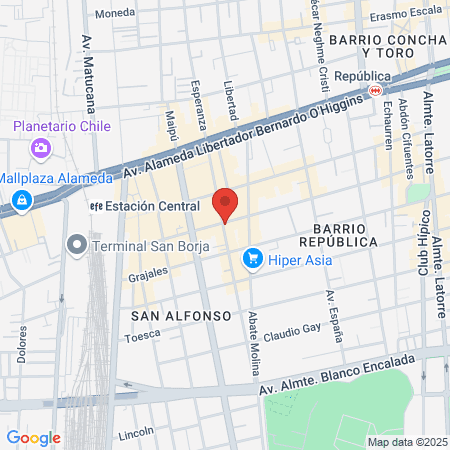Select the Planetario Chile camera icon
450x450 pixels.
pos(42,148)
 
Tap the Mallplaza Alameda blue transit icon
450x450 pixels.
pos(21,201)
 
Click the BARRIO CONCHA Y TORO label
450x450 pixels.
pos(392,44)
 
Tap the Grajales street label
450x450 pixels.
pos(149,273)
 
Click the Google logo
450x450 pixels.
pos(33,437)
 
